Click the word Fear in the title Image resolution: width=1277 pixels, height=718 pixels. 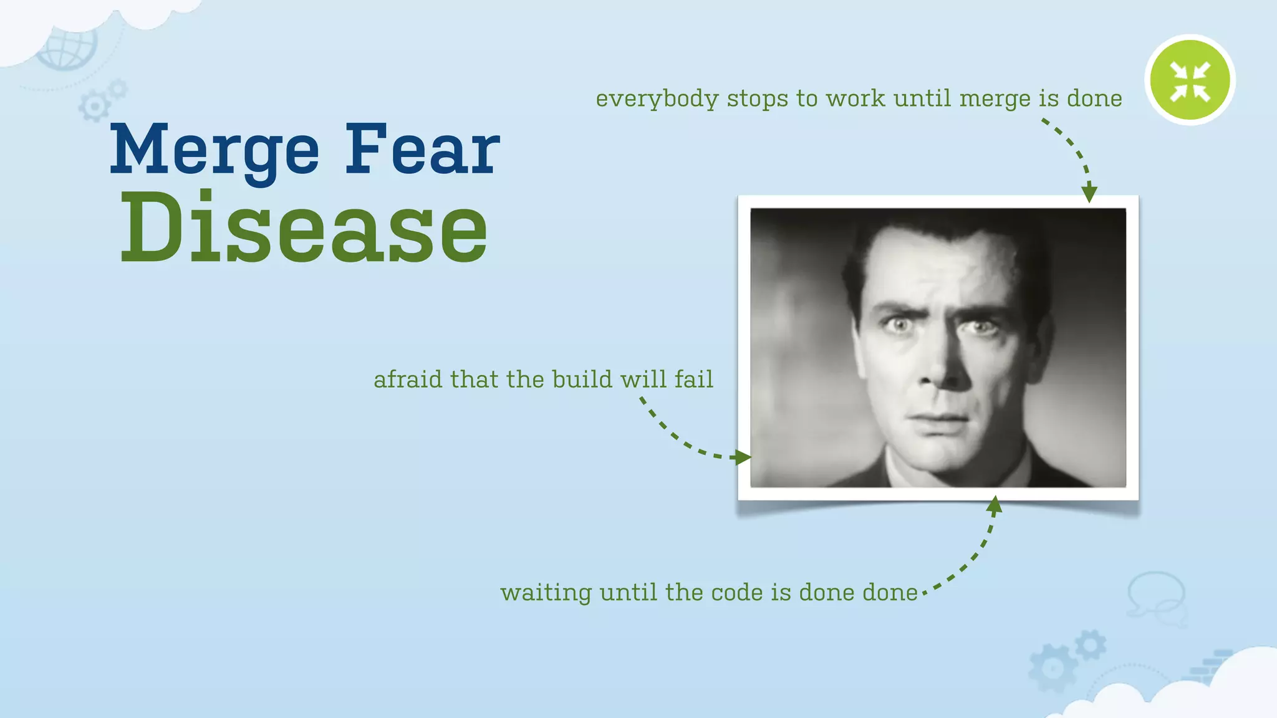pyautogui.click(x=422, y=150)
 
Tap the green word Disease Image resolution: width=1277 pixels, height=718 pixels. pyautogui.click(x=304, y=229)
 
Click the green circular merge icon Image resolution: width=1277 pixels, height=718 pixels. pyautogui.click(x=1190, y=80)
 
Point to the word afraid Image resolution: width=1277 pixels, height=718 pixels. pyautogui.click(x=407, y=380)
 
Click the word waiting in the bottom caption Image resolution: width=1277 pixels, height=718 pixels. pyautogui.click(x=546, y=593)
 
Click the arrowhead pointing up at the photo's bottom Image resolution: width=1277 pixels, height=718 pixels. pyautogui.click(x=995, y=505)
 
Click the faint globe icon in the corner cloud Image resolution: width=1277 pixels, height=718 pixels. pyautogui.click(x=67, y=49)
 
